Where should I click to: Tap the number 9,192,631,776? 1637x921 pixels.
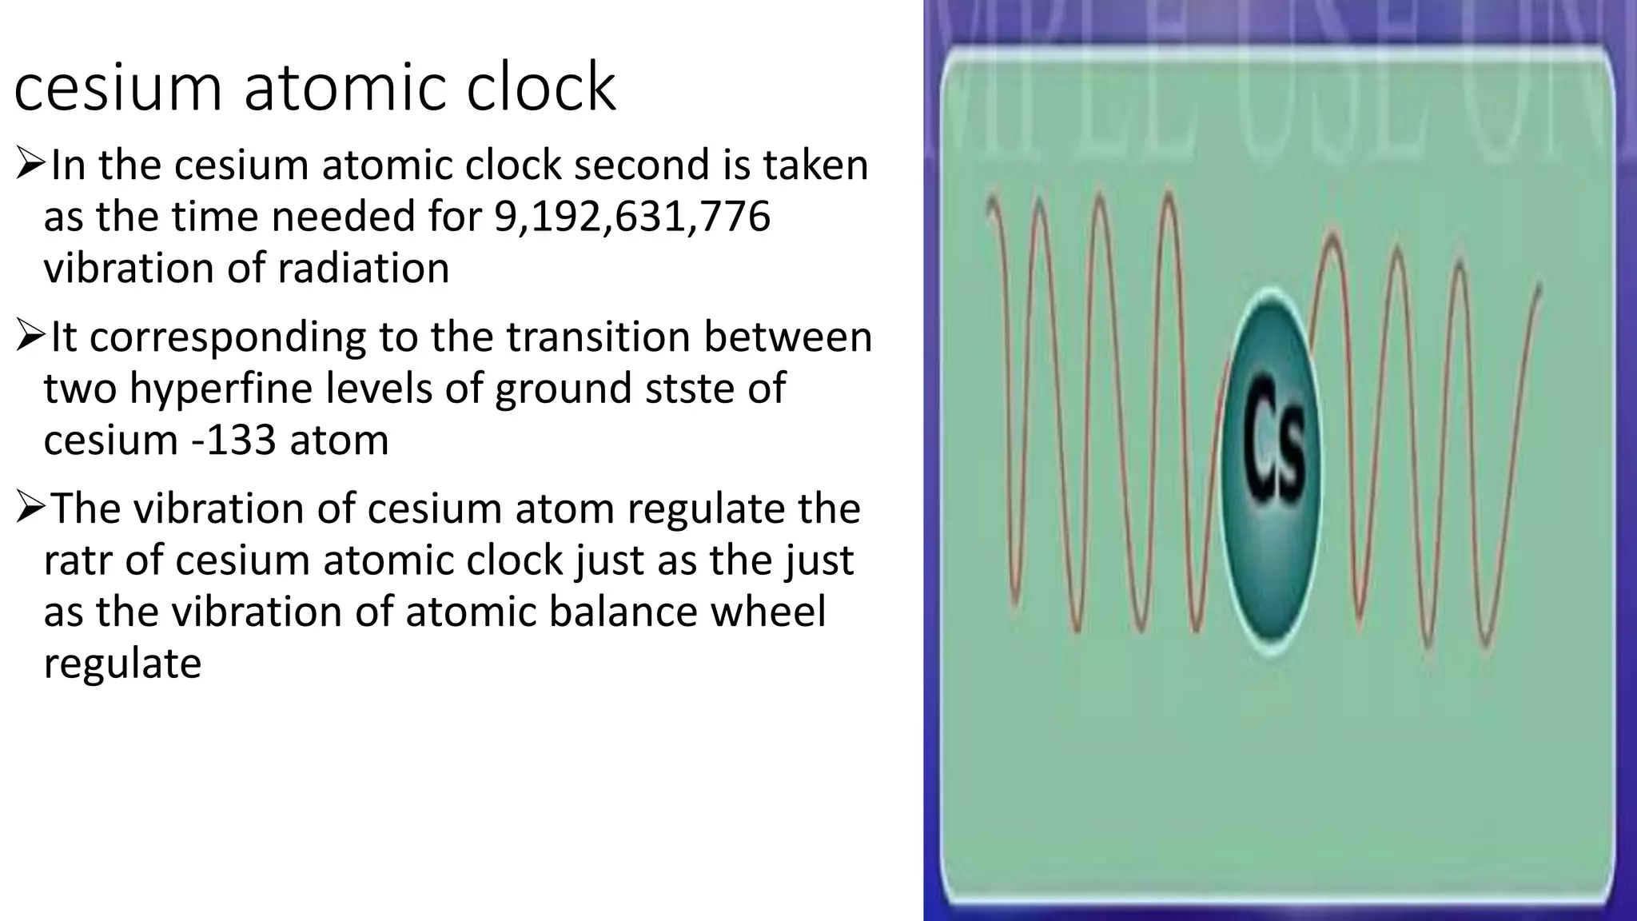click(x=632, y=217)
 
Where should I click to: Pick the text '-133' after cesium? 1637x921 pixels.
click(x=237, y=440)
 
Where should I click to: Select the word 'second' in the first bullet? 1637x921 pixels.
click(x=643, y=165)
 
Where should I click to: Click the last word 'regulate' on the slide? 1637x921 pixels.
click(x=122, y=664)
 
